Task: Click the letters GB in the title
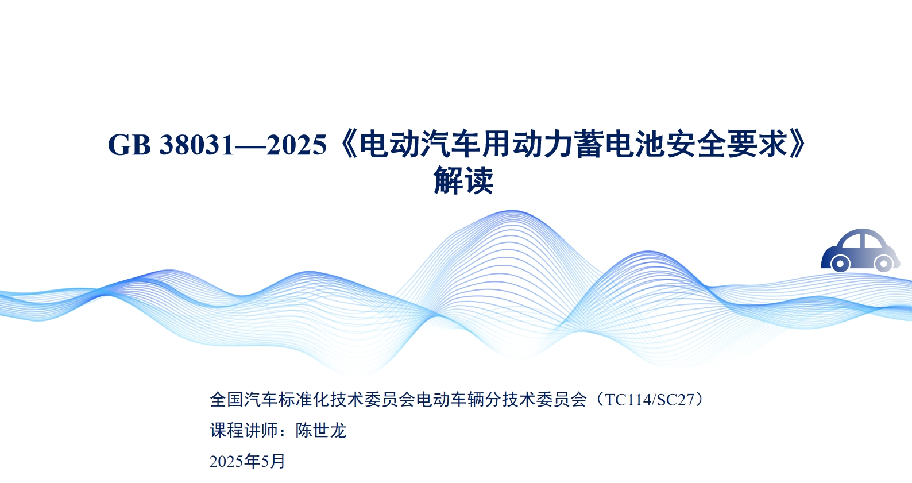pos(129,145)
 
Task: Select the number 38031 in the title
pos(197,145)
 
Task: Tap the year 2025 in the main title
pos(297,145)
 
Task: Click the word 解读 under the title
pos(463,180)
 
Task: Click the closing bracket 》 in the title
pos(797,145)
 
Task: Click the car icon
pos(860,250)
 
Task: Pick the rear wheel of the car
pos(840,263)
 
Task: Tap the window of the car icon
pos(863,240)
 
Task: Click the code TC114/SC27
pos(650,400)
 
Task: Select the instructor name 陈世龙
pos(321,431)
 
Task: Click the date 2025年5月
pos(247,461)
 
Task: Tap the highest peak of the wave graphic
pos(512,211)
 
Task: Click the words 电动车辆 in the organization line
pos(450,400)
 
